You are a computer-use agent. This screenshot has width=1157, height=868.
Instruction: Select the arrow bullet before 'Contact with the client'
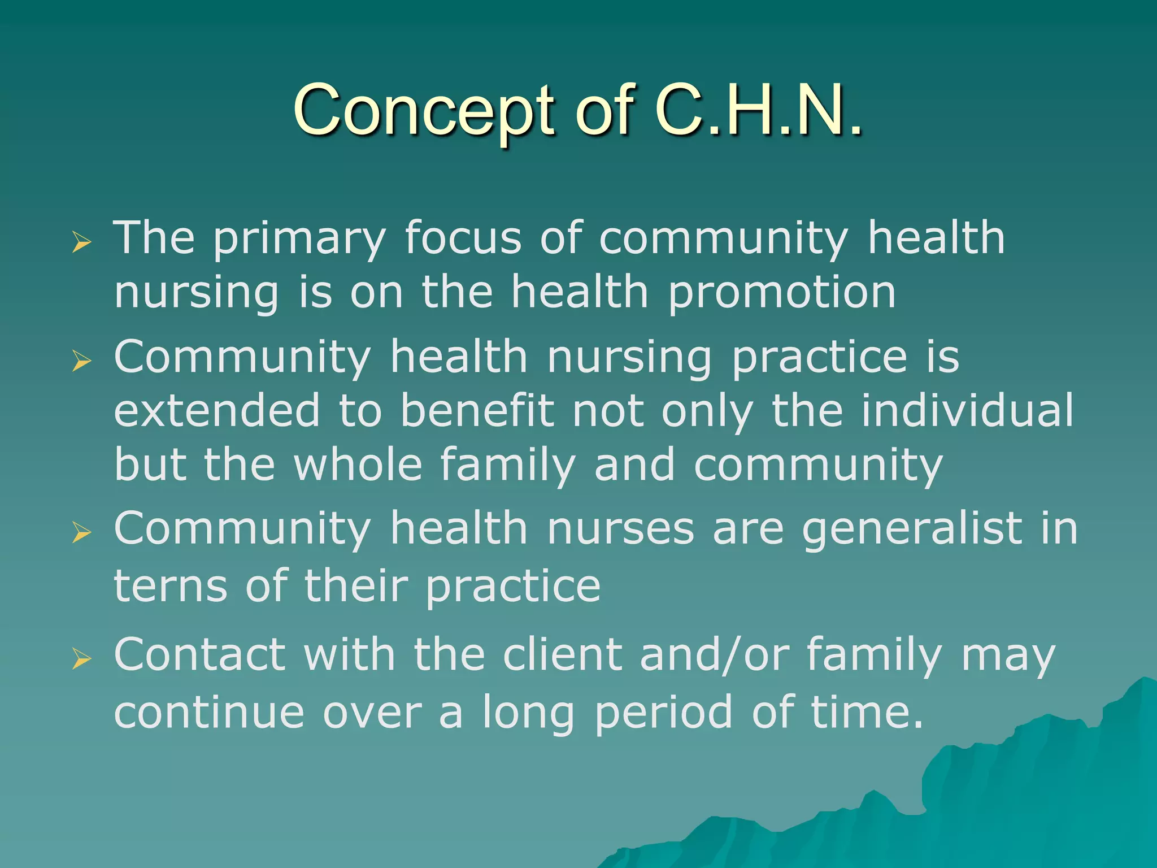click(81, 659)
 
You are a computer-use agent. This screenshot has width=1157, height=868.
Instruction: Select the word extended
click(217, 410)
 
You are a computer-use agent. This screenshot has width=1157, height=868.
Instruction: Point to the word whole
click(358, 465)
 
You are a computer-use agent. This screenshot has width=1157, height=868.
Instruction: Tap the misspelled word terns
click(171, 586)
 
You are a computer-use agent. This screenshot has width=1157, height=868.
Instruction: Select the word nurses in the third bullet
click(620, 529)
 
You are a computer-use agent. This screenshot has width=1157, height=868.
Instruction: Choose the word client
click(563, 655)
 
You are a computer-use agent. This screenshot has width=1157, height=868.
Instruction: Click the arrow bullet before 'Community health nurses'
click(81, 532)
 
